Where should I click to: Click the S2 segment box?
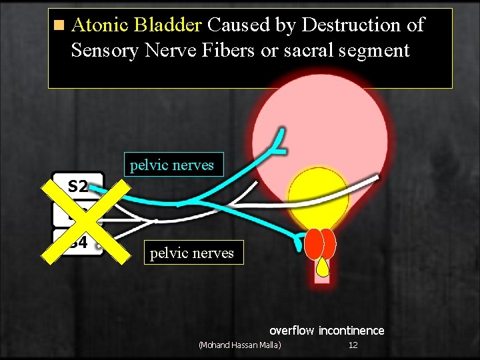(79, 185)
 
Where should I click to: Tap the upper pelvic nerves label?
(172, 165)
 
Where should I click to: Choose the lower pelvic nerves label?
(192, 253)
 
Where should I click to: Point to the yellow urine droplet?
(323, 267)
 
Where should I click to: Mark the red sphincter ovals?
(322, 244)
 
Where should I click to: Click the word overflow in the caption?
(291, 331)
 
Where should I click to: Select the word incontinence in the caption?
(351, 331)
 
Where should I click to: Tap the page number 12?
(353, 345)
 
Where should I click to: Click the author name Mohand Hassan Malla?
(240, 345)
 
